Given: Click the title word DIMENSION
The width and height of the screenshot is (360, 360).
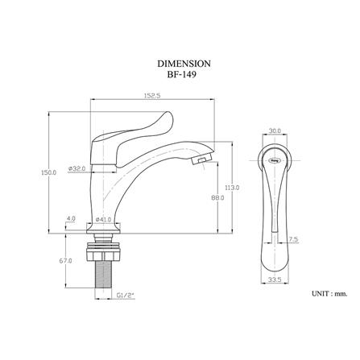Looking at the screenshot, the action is [x=184, y=64].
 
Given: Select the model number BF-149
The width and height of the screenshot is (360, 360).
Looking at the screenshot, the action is [x=181, y=74].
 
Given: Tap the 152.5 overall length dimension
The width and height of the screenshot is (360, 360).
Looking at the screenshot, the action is [x=152, y=96].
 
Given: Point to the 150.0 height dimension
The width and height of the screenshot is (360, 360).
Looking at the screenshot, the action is [x=48, y=172].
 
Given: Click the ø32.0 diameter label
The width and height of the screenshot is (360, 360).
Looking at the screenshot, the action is [x=77, y=168].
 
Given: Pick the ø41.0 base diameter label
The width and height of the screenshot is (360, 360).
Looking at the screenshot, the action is [x=103, y=219].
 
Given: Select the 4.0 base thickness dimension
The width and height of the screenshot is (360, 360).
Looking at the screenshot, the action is [x=71, y=218].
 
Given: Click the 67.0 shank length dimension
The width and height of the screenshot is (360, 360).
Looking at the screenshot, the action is [x=65, y=261].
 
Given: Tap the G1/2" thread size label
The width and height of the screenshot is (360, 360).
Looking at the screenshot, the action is [x=125, y=296].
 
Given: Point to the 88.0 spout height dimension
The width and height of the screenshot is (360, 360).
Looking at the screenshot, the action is [x=217, y=198].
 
